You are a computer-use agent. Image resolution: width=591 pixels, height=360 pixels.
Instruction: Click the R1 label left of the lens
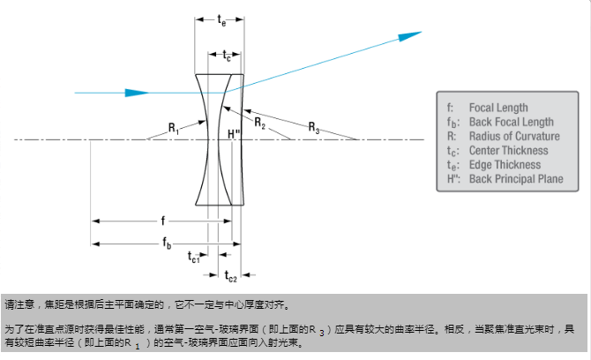pyautogui.click(x=174, y=130)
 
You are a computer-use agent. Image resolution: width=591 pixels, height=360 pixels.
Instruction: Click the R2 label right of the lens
pyautogui.click(x=260, y=124)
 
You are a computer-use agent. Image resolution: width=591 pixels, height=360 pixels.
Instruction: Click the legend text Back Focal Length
pyautogui.click(x=511, y=122)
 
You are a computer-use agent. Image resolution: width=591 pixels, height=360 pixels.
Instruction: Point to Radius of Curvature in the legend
pyautogui.click(x=513, y=136)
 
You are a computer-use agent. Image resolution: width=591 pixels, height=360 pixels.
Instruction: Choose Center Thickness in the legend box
pyautogui.click(x=507, y=150)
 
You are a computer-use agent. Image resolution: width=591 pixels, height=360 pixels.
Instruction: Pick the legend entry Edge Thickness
pyautogui.click(x=505, y=164)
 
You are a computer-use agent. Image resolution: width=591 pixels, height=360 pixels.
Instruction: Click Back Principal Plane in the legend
pyautogui.click(x=515, y=179)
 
